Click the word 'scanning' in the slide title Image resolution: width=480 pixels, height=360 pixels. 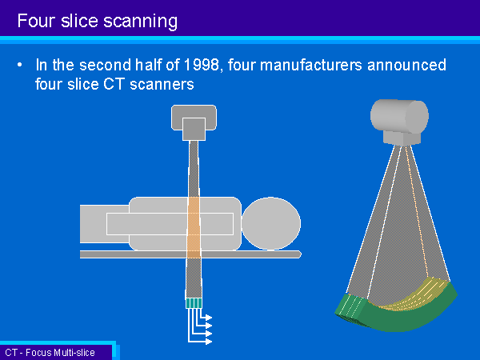click(x=140, y=22)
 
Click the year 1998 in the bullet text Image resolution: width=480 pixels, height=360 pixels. click(x=201, y=65)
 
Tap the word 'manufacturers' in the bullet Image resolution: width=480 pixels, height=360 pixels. click(x=310, y=65)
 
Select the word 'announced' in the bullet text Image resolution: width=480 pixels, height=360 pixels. click(x=407, y=65)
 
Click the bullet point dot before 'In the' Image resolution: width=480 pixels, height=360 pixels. click(x=20, y=65)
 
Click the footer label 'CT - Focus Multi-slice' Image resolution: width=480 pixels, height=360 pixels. click(x=50, y=353)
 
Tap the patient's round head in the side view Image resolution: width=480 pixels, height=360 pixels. click(x=271, y=223)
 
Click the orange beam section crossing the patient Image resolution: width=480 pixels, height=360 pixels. click(x=194, y=227)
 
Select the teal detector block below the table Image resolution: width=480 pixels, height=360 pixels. click(x=194, y=303)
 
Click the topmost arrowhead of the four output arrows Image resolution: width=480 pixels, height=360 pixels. click(x=209, y=318)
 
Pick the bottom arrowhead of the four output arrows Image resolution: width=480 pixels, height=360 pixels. click(x=209, y=342)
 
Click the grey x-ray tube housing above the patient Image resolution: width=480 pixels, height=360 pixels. click(x=194, y=118)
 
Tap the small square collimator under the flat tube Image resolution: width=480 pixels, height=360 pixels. click(x=194, y=129)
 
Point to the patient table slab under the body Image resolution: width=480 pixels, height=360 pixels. click(x=190, y=254)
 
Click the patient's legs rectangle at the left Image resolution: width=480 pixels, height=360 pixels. click(x=104, y=224)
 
